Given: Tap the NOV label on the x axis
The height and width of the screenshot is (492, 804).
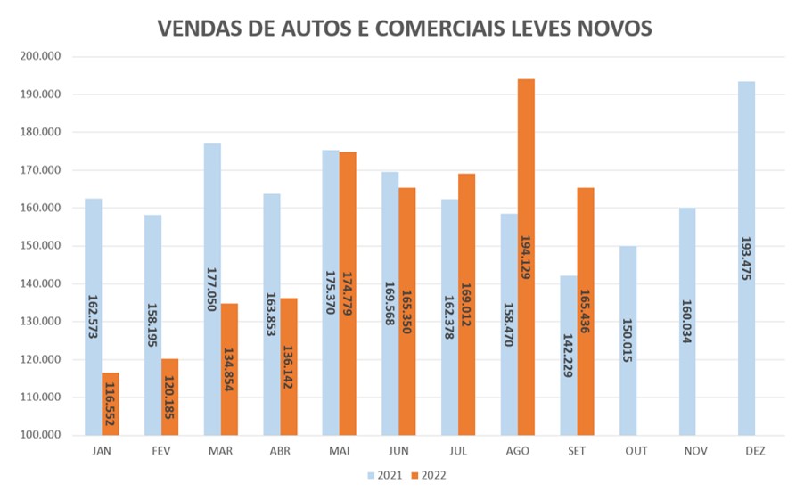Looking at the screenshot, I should coord(696,451).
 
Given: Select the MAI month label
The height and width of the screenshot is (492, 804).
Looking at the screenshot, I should coord(339,451).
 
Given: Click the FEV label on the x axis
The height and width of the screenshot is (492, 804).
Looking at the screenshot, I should coord(160,451).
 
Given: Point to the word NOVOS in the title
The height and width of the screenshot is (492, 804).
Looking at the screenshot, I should coord(616,29).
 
